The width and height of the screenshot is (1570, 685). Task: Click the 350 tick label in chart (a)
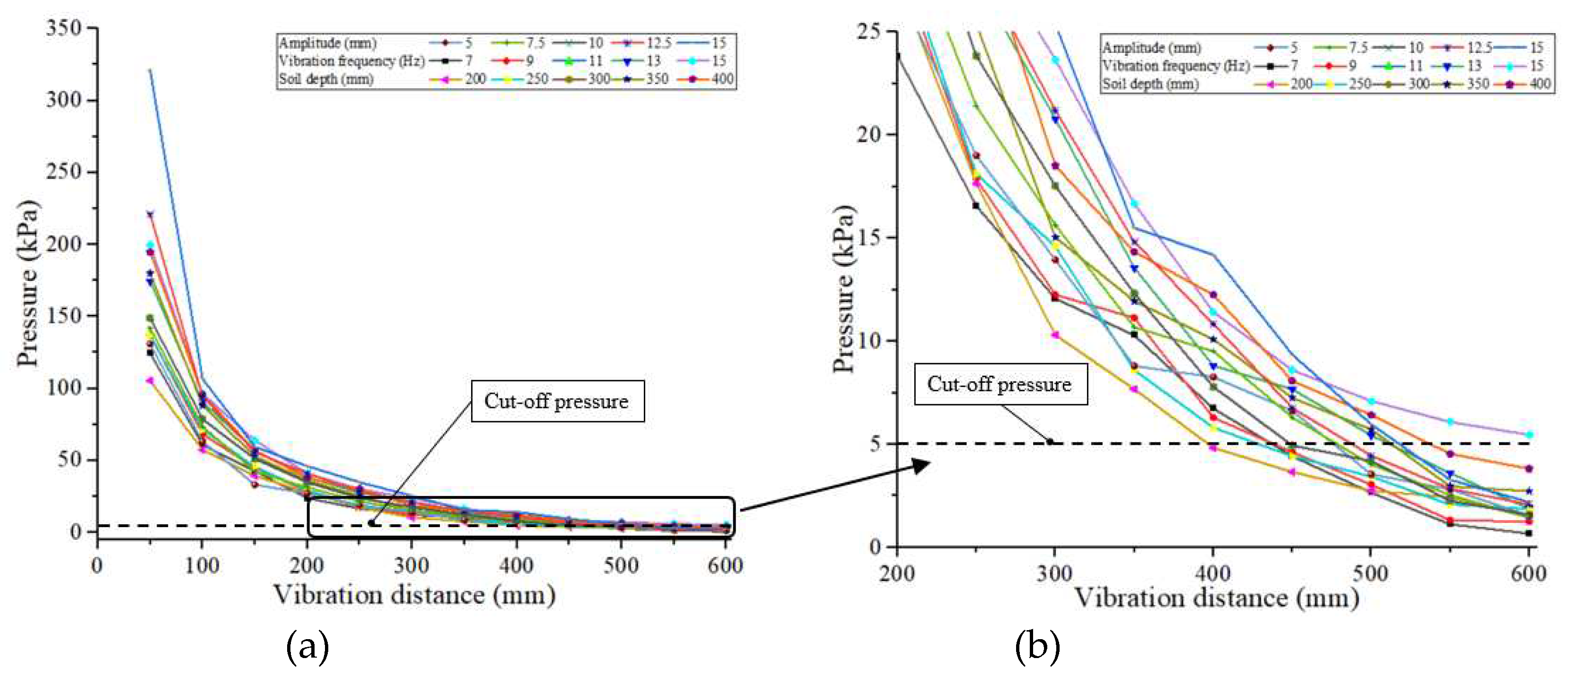63,27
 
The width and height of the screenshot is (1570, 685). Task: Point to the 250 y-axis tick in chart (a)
63,171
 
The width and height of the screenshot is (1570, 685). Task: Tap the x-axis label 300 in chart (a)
412,566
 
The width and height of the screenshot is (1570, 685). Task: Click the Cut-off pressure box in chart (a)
557,401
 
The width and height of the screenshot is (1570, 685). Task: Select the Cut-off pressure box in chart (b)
1000,384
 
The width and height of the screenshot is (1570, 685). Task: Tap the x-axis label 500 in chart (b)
1370,573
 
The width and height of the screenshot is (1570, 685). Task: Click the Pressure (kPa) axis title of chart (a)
27,283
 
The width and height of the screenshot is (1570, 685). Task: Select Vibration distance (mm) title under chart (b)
1216,598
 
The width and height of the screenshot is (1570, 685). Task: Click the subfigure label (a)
307,647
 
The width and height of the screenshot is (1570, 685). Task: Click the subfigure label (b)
1037,647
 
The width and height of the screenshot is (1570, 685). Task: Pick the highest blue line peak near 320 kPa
150,70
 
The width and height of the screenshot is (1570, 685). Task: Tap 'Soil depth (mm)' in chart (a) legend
326,79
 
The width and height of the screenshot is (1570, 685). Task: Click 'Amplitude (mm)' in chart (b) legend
1151,47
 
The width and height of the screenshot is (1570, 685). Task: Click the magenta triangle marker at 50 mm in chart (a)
150,381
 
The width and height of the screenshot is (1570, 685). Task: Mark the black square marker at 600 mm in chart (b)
1528,533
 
